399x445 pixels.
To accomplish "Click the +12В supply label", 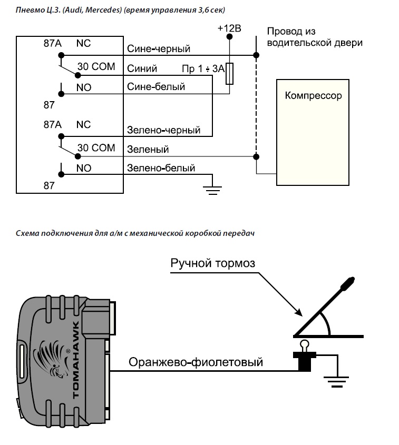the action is pyautogui.click(x=229, y=28).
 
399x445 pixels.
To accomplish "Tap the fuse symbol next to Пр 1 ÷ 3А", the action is pyautogui.click(x=229, y=74).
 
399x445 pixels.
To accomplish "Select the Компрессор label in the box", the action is pyautogui.click(x=313, y=96).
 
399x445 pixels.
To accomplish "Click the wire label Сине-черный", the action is pyautogui.click(x=159, y=48).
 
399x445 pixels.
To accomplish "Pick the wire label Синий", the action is pyautogui.click(x=142, y=68).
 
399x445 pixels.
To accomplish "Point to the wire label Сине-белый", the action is pyautogui.click(x=156, y=86).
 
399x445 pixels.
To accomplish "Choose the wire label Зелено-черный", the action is pyautogui.click(x=163, y=130).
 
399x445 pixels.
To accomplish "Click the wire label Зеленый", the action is pyautogui.click(x=148, y=149).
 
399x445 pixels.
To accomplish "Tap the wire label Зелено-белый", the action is pyautogui.click(x=161, y=168).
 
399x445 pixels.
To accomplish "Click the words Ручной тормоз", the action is pyautogui.click(x=213, y=263).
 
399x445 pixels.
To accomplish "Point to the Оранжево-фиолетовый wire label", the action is pyautogui.click(x=196, y=362).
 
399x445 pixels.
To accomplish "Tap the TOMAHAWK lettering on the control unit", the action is pyautogui.click(x=76, y=360).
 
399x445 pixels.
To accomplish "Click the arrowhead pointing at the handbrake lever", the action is pyautogui.click(x=299, y=312).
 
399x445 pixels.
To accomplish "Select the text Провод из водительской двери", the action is pyautogui.click(x=315, y=37).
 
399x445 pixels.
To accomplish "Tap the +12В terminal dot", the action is pyautogui.click(x=229, y=37).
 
